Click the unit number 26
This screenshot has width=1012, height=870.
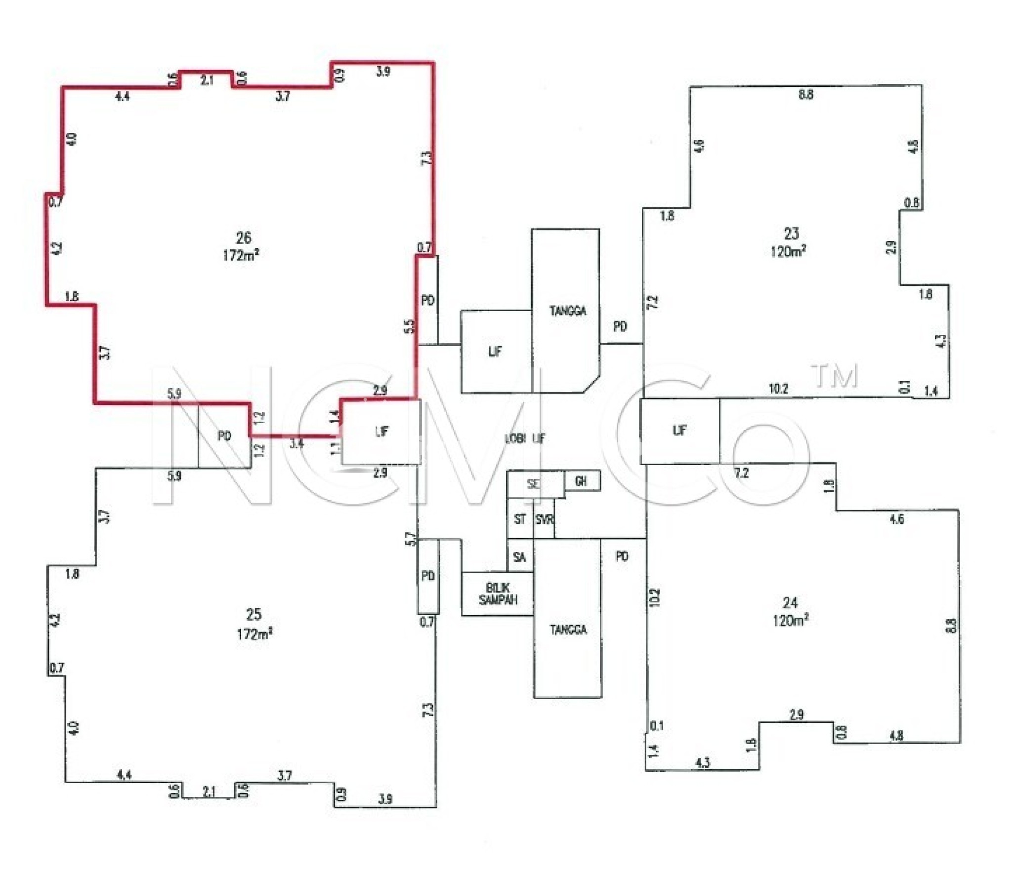[x=243, y=237]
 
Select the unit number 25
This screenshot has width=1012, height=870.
[x=253, y=614]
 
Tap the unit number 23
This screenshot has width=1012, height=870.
[x=791, y=233]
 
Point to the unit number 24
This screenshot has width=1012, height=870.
[x=790, y=602]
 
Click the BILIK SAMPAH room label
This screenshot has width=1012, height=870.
[x=498, y=594]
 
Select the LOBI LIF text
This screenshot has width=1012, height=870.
[x=524, y=438]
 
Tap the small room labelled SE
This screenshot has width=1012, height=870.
[x=533, y=484]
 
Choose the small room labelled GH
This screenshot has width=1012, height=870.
[x=581, y=480]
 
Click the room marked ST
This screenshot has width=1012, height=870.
[x=520, y=519]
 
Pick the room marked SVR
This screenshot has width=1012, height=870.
[x=544, y=519]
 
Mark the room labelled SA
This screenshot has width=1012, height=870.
[x=519, y=557]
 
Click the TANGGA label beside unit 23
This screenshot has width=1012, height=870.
[x=568, y=311]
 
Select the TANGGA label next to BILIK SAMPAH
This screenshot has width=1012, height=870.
[x=568, y=630]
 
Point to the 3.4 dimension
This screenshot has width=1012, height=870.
[x=296, y=443]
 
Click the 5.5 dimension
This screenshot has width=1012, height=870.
[x=409, y=326]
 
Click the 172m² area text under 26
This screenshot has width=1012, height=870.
[x=241, y=255]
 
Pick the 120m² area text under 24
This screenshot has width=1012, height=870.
[x=790, y=620]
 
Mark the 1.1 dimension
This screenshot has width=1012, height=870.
[x=335, y=449]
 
